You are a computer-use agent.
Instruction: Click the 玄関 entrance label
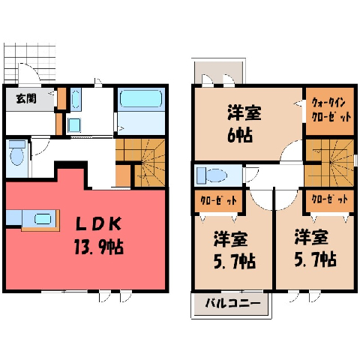coord(26,99)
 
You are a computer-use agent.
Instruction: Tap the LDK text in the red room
coord(98,223)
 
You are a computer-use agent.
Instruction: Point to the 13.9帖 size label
coord(99,247)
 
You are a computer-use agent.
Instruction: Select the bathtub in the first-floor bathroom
coord(141,98)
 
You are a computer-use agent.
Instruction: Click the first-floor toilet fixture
coord(17,153)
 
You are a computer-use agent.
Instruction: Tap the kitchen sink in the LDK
coord(43,219)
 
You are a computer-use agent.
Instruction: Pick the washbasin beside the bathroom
coord(74,125)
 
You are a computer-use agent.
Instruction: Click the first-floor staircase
coord(140,163)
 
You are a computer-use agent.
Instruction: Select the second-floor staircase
coord(330,163)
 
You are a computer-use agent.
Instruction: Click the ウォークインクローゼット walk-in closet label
coord(331,110)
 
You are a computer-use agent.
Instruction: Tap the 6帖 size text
coord(240,136)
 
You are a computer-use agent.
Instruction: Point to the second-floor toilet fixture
coord(211,175)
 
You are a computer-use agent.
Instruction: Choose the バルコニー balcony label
coord(232,304)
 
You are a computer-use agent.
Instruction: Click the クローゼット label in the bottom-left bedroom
coord(218,201)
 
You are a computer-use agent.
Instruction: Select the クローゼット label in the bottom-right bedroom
coord(329,199)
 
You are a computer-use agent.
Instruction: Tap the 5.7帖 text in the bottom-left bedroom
coord(235,262)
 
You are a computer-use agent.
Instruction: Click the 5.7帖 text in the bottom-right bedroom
coord(315,260)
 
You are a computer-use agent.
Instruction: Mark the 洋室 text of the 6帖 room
coord(244,113)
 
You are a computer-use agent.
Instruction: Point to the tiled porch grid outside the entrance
coord(30,63)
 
